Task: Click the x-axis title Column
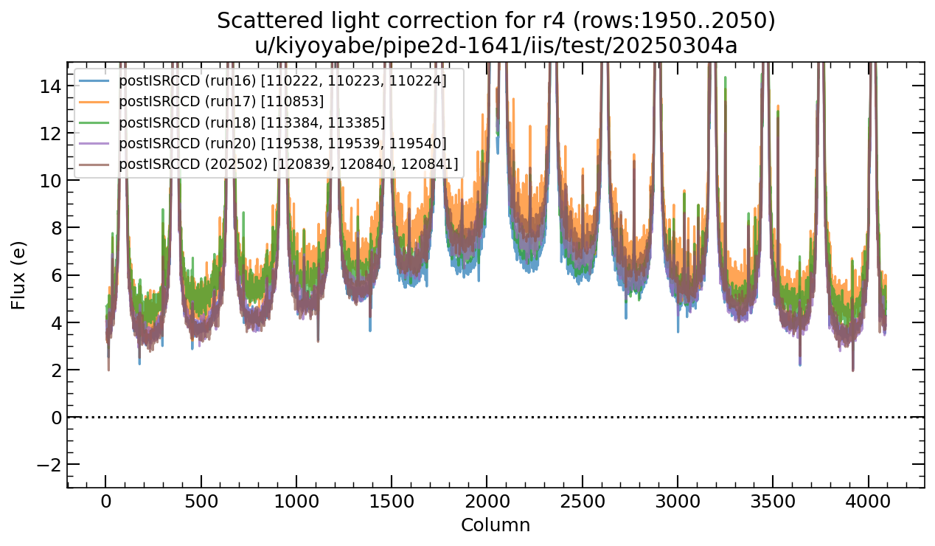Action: point(495,525)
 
